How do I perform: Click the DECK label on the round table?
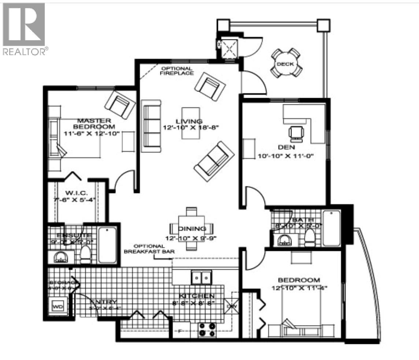[x=285, y=64]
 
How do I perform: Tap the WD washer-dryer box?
[x=58, y=305]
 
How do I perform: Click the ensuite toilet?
[x=86, y=254]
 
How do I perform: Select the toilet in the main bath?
[x=310, y=237]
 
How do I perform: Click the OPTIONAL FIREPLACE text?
[x=177, y=71]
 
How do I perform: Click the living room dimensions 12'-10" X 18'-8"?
[x=188, y=128]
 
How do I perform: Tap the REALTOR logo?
[x=24, y=29]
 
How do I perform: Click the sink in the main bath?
[x=286, y=240]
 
